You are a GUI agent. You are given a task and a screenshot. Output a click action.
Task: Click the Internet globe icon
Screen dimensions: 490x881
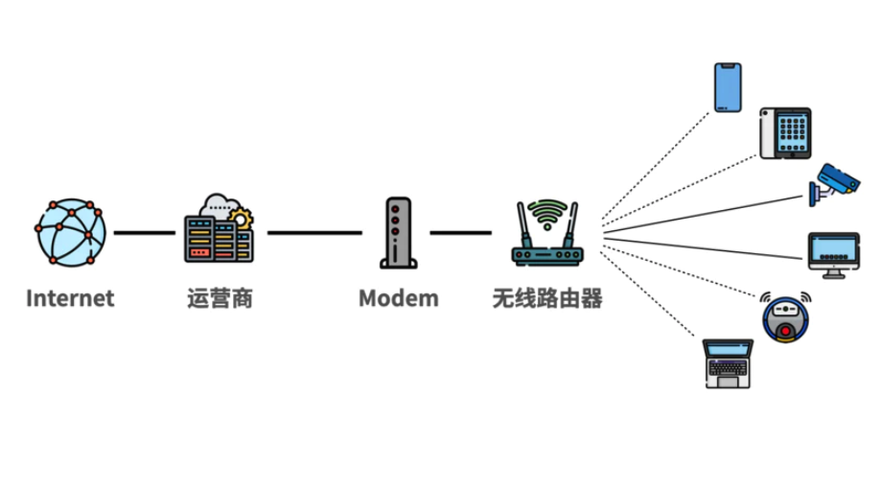click(71, 232)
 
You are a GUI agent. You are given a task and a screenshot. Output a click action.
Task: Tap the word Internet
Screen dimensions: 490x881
click(70, 298)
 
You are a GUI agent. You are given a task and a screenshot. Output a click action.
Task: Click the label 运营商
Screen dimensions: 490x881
click(220, 298)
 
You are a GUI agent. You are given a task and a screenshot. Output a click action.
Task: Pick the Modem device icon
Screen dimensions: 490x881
click(396, 232)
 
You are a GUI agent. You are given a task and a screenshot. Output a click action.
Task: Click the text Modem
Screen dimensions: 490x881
click(398, 298)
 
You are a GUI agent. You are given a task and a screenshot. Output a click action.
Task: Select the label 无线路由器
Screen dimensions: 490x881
click(547, 298)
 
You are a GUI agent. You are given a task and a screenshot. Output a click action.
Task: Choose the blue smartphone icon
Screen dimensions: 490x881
click(729, 87)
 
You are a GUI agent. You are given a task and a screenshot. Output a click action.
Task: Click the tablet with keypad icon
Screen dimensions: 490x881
click(786, 133)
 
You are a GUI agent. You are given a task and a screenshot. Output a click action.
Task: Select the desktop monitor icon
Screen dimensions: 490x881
click(833, 254)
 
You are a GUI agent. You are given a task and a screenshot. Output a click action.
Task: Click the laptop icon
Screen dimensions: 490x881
click(728, 363)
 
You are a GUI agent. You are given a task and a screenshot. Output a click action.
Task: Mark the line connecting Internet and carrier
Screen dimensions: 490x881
click(144, 232)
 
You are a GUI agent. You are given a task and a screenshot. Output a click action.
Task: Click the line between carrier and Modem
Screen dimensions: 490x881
click(314, 232)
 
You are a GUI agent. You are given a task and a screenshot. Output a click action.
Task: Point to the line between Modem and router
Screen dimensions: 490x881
click(460, 232)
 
